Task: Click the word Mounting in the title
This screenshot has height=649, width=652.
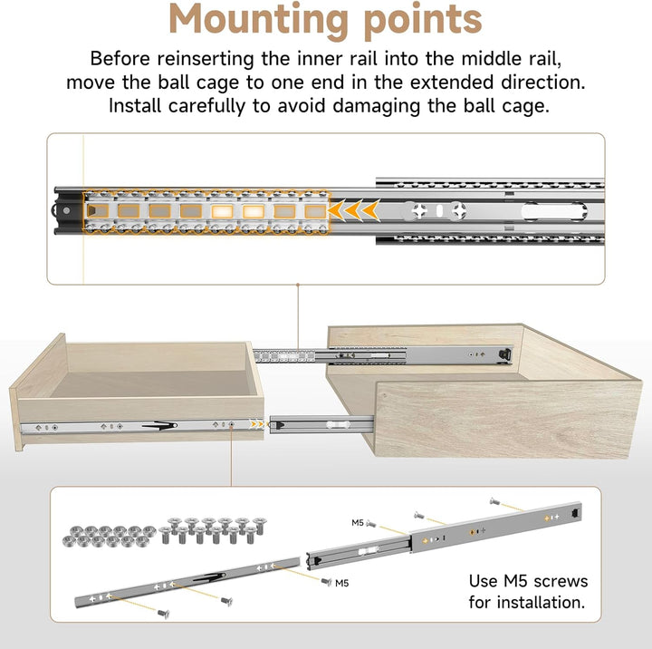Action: point(258,21)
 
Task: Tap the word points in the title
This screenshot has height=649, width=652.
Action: point(423,21)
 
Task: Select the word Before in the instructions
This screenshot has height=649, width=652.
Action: point(120,58)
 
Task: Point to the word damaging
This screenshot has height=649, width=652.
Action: point(377,106)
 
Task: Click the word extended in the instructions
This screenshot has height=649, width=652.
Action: point(451,82)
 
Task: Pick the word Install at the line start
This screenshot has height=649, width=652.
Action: point(135,106)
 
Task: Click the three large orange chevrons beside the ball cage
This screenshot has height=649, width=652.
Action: point(354,210)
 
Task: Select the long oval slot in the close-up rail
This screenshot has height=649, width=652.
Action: point(554,211)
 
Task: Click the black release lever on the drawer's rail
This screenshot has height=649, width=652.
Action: point(160,425)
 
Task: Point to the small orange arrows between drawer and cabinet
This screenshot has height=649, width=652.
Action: point(258,424)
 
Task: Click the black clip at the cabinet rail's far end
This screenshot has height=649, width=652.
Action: point(504,354)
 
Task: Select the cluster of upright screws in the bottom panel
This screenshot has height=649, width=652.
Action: point(212,530)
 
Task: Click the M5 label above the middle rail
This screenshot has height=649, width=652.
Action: point(358,523)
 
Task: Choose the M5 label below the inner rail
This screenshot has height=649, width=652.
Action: point(341,583)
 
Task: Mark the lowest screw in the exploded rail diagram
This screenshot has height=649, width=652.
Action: point(163,614)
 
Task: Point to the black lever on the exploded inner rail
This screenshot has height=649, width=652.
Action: point(210,577)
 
